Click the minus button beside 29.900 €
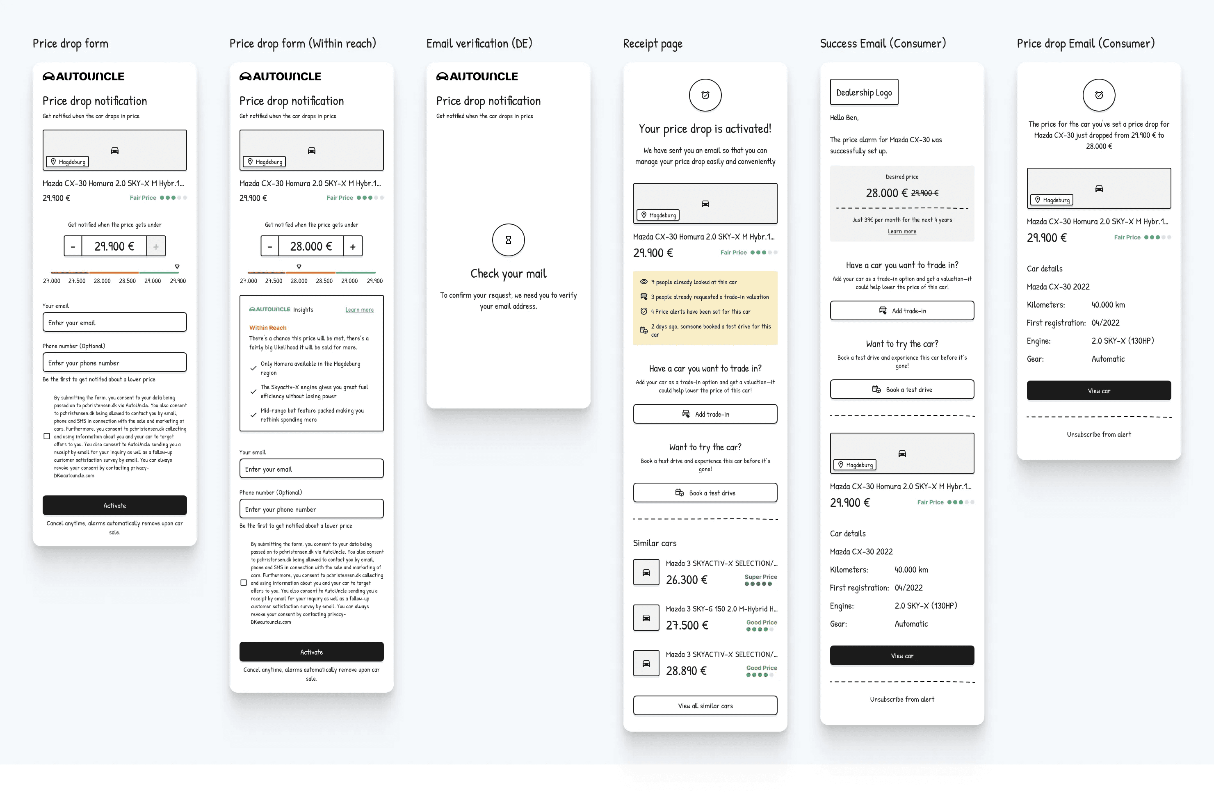point(73,246)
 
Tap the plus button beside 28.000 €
point(353,246)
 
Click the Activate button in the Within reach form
point(311,652)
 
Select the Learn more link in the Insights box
point(359,310)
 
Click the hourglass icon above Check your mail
point(509,240)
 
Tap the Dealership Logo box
point(864,92)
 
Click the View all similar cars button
point(705,706)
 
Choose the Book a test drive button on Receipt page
point(705,493)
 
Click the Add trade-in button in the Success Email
point(902,311)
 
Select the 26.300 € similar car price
point(687,580)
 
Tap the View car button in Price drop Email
point(1099,391)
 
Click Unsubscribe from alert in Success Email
point(902,699)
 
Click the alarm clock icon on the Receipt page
point(705,95)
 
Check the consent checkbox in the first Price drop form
point(47,436)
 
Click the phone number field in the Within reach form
point(311,509)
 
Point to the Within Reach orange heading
point(268,328)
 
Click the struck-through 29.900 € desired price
point(925,193)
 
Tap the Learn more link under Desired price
point(902,231)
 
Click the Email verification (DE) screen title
point(479,43)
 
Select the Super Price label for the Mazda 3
point(761,577)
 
